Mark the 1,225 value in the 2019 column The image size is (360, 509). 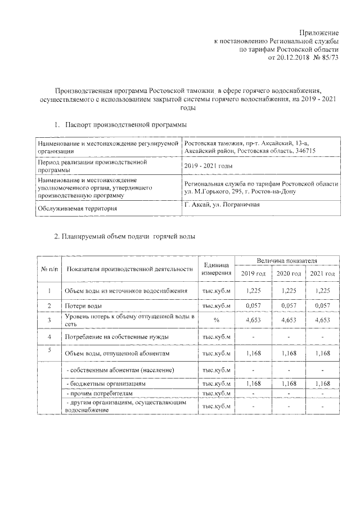(254, 290)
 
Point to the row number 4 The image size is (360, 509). (49, 336)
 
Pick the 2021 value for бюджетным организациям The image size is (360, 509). (322, 382)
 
